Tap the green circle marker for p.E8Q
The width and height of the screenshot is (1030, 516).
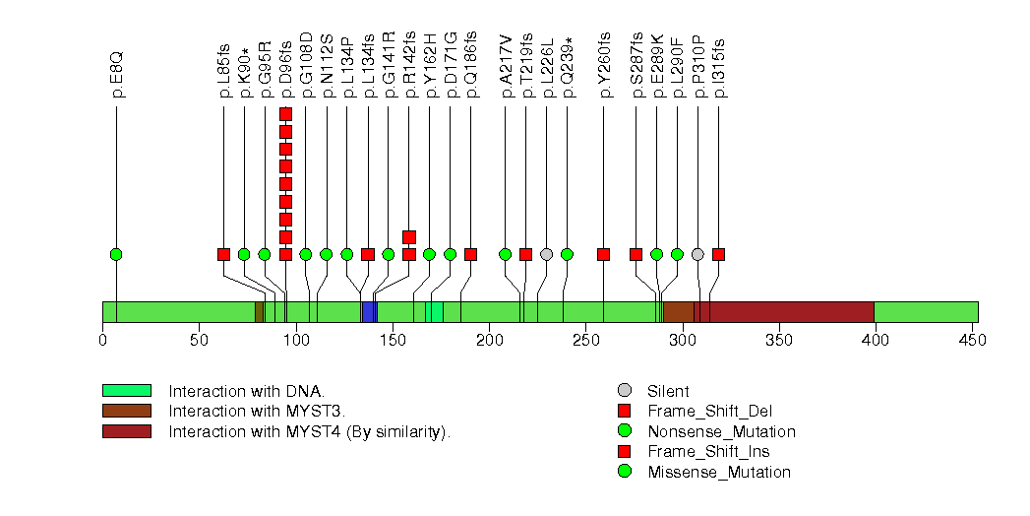pyautogui.click(x=116, y=254)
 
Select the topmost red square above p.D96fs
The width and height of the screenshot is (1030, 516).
pyautogui.click(x=285, y=114)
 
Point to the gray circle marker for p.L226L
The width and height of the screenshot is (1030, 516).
pyautogui.click(x=546, y=254)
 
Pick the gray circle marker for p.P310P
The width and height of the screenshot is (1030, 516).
pyautogui.click(x=697, y=254)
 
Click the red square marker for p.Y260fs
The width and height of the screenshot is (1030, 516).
pyautogui.click(x=603, y=254)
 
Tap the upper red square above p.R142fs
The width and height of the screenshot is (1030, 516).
pyautogui.click(x=409, y=236)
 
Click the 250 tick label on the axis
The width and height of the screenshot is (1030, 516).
pyautogui.click(x=586, y=340)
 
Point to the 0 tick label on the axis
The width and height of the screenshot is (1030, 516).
pyautogui.click(x=102, y=340)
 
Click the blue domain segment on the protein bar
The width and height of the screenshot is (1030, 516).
pyautogui.click(x=369, y=312)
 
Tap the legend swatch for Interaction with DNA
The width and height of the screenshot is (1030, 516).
pyautogui.click(x=126, y=390)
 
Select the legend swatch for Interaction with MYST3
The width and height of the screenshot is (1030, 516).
pyautogui.click(x=126, y=411)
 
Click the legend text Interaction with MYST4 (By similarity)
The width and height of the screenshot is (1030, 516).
pyautogui.click(x=309, y=431)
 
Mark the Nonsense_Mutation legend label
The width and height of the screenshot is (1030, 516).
pyautogui.click(x=721, y=431)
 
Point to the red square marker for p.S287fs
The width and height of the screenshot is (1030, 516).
pyautogui.click(x=636, y=254)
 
